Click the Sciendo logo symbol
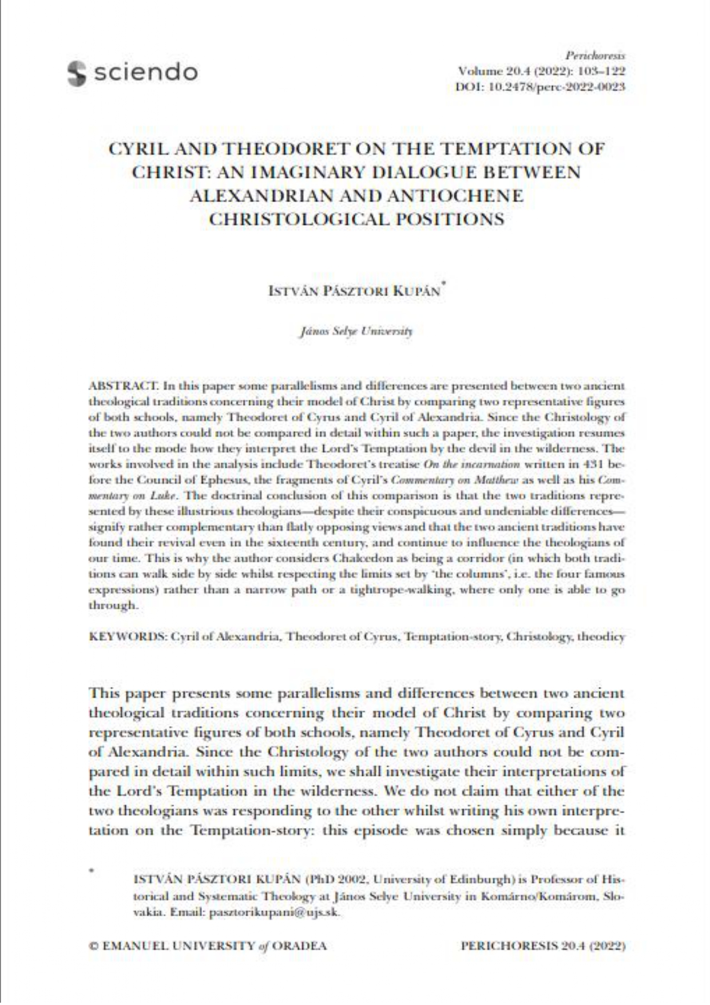[x=76, y=73]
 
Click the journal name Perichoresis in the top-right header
[x=595, y=56]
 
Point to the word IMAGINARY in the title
[x=312, y=172]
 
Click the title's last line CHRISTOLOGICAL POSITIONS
[x=356, y=219]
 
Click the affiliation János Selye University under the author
[x=355, y=332]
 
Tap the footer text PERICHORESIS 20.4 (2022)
[x=542, y=946]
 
